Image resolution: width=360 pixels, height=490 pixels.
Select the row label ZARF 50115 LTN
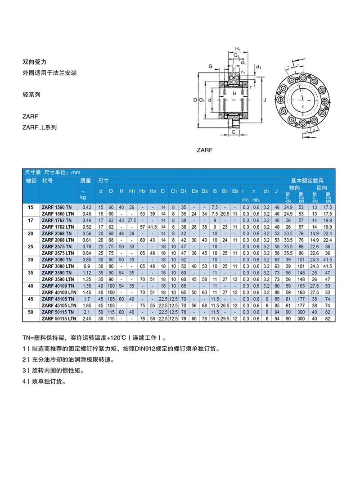(x=58, y=318)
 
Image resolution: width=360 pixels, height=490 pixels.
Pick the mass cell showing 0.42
(x=87, y=207)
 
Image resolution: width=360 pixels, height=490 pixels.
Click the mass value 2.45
(x=87, y=318)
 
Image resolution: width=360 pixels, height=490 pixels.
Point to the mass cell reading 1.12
(x=87, y=273)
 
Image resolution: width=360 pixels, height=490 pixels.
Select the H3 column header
(x=153, y=191)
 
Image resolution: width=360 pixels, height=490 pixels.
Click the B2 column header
(x=235, y=191)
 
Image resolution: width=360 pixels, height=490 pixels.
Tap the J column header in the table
(x=276, y=191)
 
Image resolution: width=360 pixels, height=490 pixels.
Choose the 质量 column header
(x=85, y=180)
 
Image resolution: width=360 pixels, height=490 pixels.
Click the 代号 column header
(x=48, y=180)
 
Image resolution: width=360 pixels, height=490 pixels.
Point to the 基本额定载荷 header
(x=308, y=180)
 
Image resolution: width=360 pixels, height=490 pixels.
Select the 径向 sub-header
(x=321, y=187)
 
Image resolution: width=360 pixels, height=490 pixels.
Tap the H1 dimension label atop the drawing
(x=238, y=49)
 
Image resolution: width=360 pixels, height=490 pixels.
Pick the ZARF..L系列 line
(x=40, y=127)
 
